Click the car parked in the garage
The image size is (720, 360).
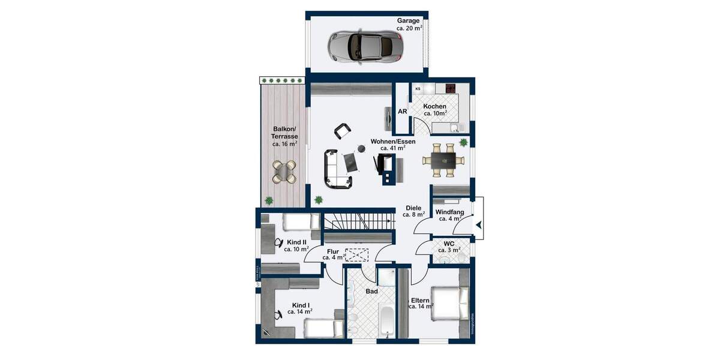click(x=364, y=45)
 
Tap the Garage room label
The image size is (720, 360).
click(x=409, y=24)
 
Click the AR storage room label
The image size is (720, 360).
click(x=403, y=112)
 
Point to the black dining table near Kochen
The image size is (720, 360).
click(x=444, y=160)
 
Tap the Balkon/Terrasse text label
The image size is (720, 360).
click(x=285, y=136)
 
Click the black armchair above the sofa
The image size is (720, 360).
click(x=342, y=130)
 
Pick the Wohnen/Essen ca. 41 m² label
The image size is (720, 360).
click(x=392, y=145)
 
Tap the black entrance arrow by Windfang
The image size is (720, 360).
click(x=479, y=225)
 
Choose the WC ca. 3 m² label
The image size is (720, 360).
click(x=448, y=247)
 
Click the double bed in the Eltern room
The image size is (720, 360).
click(x=450, y=304)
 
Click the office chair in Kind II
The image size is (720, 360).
click(x=278, y=242)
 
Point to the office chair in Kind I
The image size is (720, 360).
click(x=279, y=314)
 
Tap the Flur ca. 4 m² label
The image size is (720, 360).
click(x=334, y=254)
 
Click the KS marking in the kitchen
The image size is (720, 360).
click(x=418, y=89)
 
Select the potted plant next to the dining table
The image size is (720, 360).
click(x=464, y=142)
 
